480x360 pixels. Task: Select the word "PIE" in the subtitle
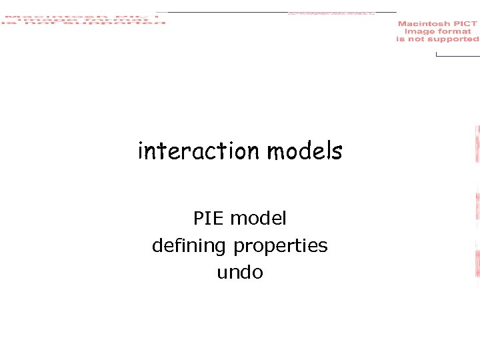click(207, 219)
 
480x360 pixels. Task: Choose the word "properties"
click(280, 246)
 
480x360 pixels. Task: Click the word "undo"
click(240, 273)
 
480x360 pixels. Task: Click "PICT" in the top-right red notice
click(465, 24)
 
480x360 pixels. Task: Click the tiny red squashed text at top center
click(331, 13)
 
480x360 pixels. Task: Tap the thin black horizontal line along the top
click(227, 12)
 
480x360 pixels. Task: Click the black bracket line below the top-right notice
click(457, 55)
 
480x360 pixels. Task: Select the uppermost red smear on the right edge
click(477, 143)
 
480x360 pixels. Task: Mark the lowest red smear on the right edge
click(477, 263)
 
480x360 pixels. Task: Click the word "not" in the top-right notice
click(417, 39)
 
